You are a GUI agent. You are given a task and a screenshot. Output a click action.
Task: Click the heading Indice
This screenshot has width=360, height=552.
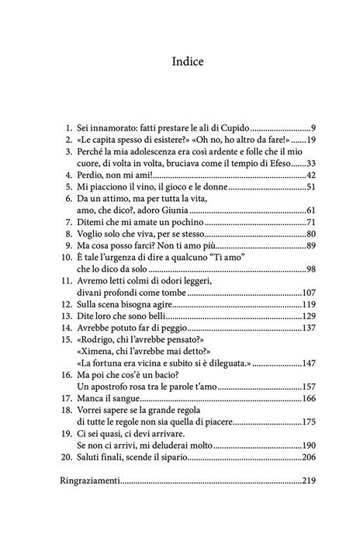coord(180,61)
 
